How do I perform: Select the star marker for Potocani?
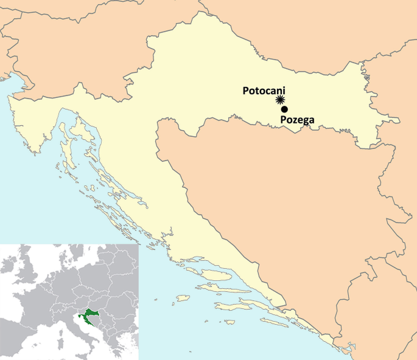click(x=280, y=100)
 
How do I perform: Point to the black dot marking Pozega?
click(x=284, y=109)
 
